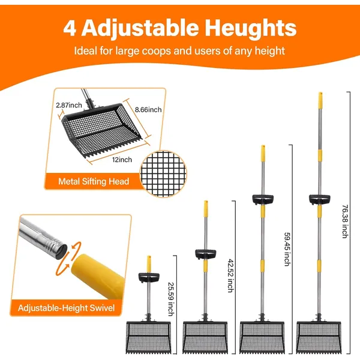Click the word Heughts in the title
[x=250, y=28]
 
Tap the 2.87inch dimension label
[x=69, y=105]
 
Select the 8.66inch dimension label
[x=148, y=110]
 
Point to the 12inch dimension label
[x=122, y=160]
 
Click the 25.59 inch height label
[x=171, y=299]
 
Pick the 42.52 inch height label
[x=230, y=276]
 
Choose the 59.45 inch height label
[x=287, y=250]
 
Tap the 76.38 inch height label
[x=346, y=221]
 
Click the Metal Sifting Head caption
[x=94, y=181]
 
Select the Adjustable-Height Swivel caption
[x=66, y=308]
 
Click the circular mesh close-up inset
[x=163, y=174]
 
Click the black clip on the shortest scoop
[x=149, y=277]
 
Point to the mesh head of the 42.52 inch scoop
[x=205, y=337]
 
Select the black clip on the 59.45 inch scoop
[x=263, y=199]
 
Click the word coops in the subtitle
[x=157, y=51]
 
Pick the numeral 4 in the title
[x=70, y=29]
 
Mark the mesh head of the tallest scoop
[x=319, y=337]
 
